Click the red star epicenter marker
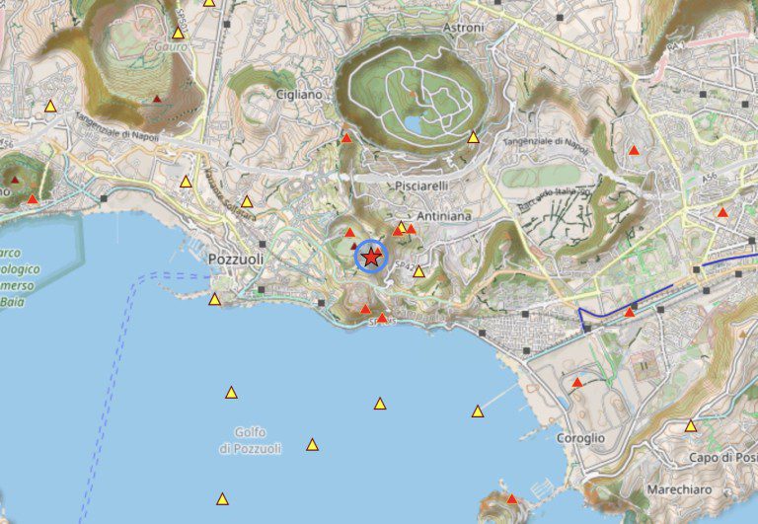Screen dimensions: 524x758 [x=370, y=257]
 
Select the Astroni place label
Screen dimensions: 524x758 [x=465, y=29]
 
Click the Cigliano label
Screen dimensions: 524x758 [x=299, y=95]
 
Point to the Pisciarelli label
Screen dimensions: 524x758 [x=421, y=186]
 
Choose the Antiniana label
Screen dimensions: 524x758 [x=443, y=215]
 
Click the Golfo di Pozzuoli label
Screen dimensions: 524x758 [x=250, y=440]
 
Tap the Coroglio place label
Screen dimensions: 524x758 [x=580, y=437]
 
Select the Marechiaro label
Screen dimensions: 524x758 [x=679, y=489]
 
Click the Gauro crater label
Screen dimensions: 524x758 [x=171, y=46]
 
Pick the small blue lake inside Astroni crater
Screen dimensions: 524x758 [x=414, y=125]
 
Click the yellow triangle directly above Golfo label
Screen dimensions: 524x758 [x=231, y=393]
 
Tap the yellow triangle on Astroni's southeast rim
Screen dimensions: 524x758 [x=473, y=138]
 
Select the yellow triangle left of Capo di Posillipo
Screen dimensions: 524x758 [x=691, y=426]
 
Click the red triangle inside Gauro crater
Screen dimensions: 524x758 [x=157, y=99]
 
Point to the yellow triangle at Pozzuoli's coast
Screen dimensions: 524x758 [x=214, y=299]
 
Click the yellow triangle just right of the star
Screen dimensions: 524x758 [x=418, y=271]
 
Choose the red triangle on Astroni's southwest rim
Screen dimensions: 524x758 [x=346, y=138]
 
